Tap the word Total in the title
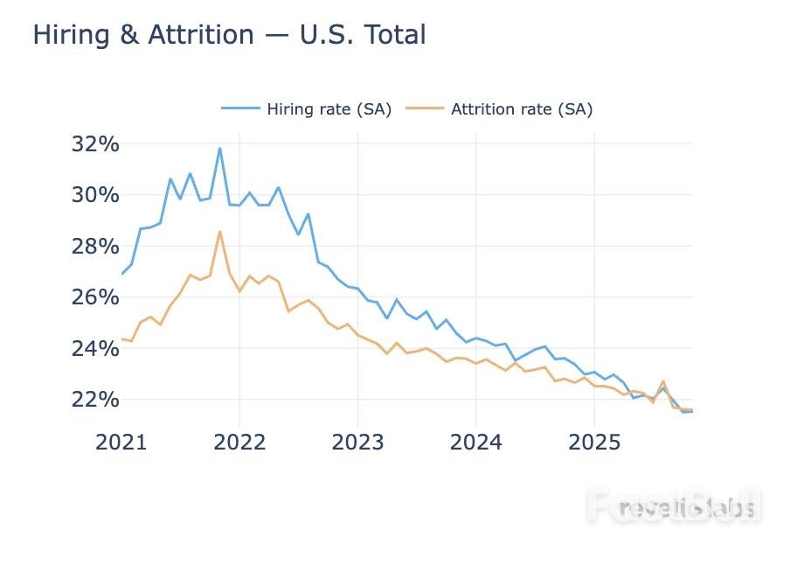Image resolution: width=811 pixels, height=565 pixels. click(393, 35)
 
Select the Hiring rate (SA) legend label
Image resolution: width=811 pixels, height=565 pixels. click(329, 109)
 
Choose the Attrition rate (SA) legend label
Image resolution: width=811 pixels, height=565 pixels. click(522, 109)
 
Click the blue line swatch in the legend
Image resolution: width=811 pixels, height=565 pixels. click(240, 109)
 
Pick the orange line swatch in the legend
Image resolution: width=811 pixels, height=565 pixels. click(425, 109)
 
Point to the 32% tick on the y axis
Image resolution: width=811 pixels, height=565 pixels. click(94, 143)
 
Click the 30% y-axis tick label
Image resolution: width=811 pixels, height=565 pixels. click(94, 194)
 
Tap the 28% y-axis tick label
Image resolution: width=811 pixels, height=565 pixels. click(94, 246)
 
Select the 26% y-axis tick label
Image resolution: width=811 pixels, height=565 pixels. click(94, 297)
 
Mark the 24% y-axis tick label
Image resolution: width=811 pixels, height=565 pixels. click(94, 348)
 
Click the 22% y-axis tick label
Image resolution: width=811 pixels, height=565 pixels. click(94, 400)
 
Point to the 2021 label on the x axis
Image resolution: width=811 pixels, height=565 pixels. click(121, 442)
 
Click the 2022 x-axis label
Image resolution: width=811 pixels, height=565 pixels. click(239, 442)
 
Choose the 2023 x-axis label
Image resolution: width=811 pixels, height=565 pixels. click(357, 442)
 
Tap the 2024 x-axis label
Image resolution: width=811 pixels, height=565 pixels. click(475, 442)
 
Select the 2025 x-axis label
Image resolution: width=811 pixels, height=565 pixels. click(594, 442)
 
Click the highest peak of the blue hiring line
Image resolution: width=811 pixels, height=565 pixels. click(219, 148)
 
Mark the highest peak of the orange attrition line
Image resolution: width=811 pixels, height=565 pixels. click(219, 231)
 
